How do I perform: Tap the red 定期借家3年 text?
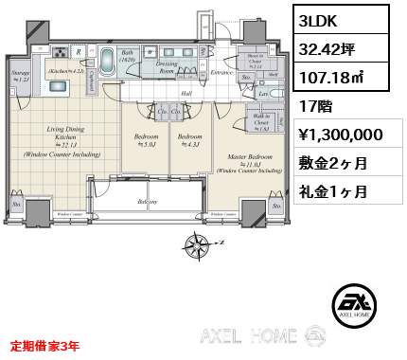coord(44,347)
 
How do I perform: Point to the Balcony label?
coord(147,202)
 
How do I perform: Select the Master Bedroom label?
coord(249,158)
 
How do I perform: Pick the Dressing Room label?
coord(167,67)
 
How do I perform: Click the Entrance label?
coord(221,72)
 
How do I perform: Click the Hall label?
coord(186,94)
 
